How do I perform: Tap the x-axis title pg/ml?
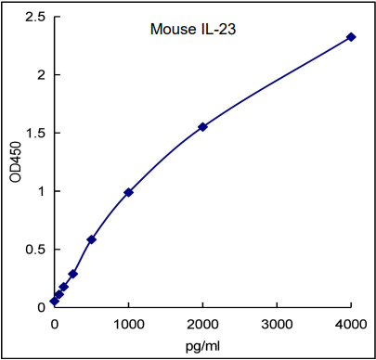(x=201, y=345)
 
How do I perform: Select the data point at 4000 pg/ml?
(x=351, y=37)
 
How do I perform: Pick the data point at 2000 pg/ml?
(x=202, y=126)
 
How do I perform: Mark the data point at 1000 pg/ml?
(x=128, y=192)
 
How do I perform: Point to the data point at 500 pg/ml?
(x=91, y=239)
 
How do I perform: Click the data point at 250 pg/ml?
(x=72, y=274)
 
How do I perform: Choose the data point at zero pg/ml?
(x=54, y=302)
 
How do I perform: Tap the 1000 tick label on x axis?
(x=128, y=324)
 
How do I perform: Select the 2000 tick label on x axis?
(x=202, y=324)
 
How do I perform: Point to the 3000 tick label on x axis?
(x=277, y=324)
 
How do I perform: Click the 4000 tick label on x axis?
(x=351, y=324)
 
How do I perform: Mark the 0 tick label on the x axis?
(x=54, y=324)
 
